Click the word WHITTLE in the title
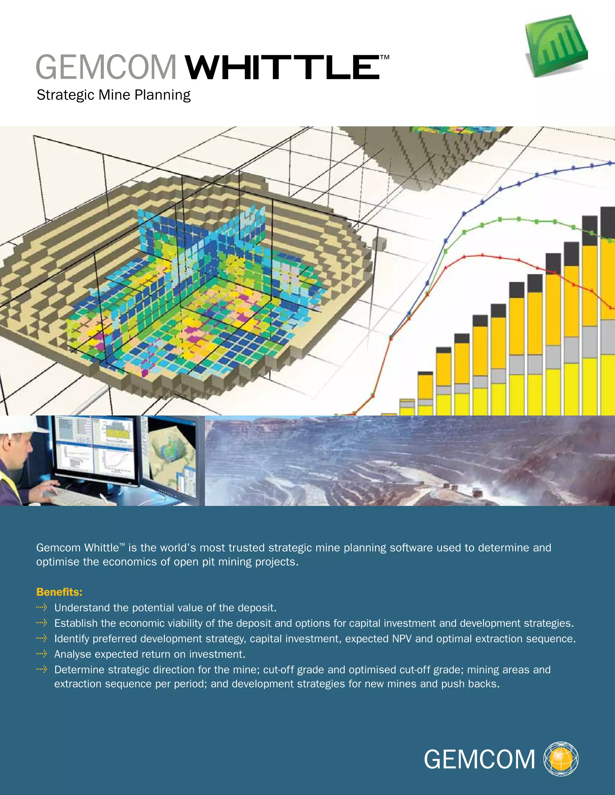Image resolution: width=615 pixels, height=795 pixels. click(x=282, y=67)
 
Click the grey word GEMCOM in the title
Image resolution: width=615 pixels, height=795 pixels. click(x=106, y=67)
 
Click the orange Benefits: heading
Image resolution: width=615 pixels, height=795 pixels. click(x=59, y=592)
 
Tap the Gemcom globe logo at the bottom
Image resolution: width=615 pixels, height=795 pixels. click(x=561, y=759)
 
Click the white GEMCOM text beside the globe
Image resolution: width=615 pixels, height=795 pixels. click(x=479, y=760)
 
